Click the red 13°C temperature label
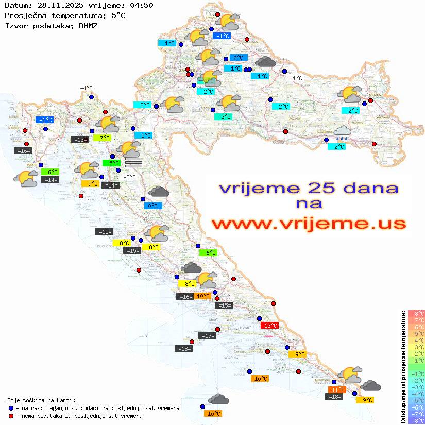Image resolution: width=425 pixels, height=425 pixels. [270, 325]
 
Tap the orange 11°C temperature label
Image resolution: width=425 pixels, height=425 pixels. [337, 389]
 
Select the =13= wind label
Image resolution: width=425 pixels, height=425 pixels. [79, 139]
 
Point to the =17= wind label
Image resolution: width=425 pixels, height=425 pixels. [208, 336]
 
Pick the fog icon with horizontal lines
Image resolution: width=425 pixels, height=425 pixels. [133, 163]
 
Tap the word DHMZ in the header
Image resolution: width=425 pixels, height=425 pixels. [88, 25]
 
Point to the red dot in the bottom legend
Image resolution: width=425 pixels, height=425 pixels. [11, 415]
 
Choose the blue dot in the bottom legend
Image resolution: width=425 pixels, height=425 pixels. [11, 407]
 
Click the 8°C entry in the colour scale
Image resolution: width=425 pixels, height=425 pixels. [416, 313]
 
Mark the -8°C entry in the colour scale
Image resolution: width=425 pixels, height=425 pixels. [416, 420]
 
